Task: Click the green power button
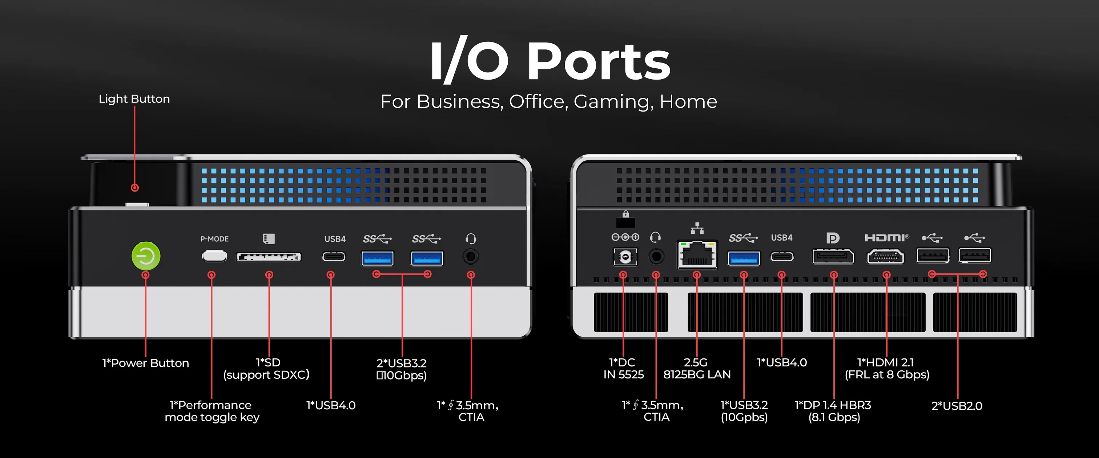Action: (x=146, y=256)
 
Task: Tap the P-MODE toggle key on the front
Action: (x=214, y=256)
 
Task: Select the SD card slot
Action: (x=269, y=257)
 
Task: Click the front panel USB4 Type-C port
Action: (x=334, y=257)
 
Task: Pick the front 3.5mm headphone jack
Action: (x=471, y=257)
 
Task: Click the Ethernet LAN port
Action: (x=697, y=255)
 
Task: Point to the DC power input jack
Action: (x=625, y=257)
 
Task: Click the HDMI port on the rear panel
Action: (x=886, y=257)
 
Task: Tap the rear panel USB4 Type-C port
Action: (x=782, y=257)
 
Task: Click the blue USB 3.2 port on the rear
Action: (x=744, y=258)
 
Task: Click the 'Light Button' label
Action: (x=134, y=99)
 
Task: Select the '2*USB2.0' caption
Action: (x=957, y=406)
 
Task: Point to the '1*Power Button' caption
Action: (x=145, y=363)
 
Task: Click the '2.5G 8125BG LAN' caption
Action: (x=697, y=368)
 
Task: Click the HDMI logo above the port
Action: (x=886, y=238)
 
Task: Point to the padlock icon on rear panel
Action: (x=625, y=214)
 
